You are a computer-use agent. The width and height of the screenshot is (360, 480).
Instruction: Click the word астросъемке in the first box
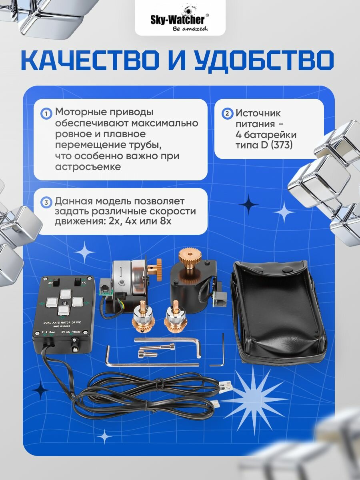click(x=88, y=167)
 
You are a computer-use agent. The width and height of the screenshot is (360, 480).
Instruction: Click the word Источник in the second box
click(x=258, y=114)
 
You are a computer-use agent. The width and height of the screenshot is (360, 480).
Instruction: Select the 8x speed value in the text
click(x=164, y=221)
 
